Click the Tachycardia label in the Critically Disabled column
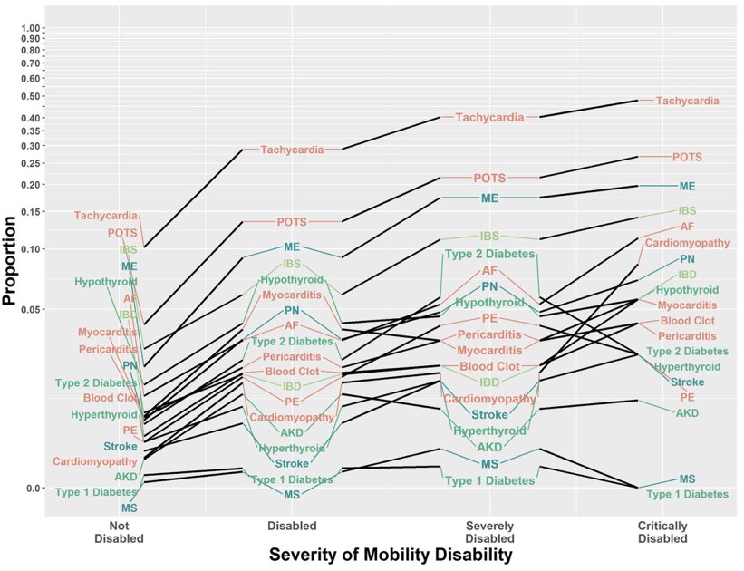pyautogui.click(x=688, y=101)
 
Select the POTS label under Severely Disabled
pyautogui.click(x=489, y=178)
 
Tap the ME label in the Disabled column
pyautogui.click(x=292, y=247)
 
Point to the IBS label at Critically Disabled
pyautogui.click(x=688, y=210)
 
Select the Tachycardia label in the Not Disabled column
pyautogui.click(x=106, y=216)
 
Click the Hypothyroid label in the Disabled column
pyautogui.click(x=292, y=280)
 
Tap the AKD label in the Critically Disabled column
pyautogui.click(x=687, y=413)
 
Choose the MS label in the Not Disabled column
pyautogui.click(x=129, y=508)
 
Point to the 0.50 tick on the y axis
pyautogui.click(x=32, y=96)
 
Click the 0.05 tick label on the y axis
pyautogui.click(x=32, y=310)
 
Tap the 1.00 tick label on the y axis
pyautogui.click(x=32, y=28)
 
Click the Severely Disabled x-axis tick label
pyautogui.click(x=489, y=532)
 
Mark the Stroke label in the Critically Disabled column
pyautogui.click(x=688, y=382)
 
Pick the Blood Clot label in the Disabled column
pyautogui.click(x=292, y=372)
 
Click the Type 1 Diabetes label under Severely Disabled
pyautogui.click(x=489, y=480)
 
